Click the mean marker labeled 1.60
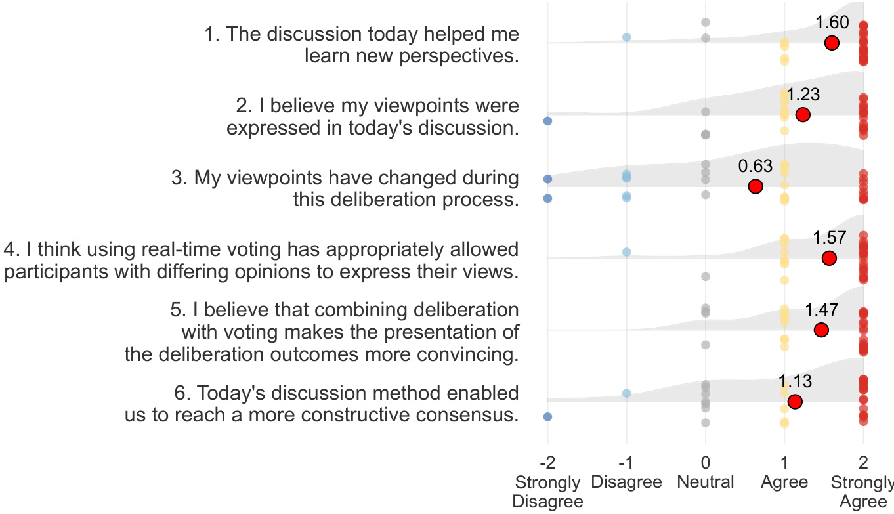[832, 43]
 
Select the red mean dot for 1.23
[802, 115]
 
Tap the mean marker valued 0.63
[755, 186]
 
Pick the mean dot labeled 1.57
[829, 258]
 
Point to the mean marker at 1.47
[820, 330]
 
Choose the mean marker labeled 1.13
[794, 402]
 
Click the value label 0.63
[756, 166]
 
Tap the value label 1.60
[832, 23]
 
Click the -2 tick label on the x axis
[547, 462]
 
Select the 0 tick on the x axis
[705, 462]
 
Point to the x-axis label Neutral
[705, 482]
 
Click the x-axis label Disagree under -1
[626, 482]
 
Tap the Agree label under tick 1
[784, 482]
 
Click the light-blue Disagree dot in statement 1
[627, 37]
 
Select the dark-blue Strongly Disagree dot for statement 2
[547, 121]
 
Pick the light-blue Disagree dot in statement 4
[627, 252]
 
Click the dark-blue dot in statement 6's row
[547, 416]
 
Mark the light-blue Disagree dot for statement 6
[627, 393]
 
